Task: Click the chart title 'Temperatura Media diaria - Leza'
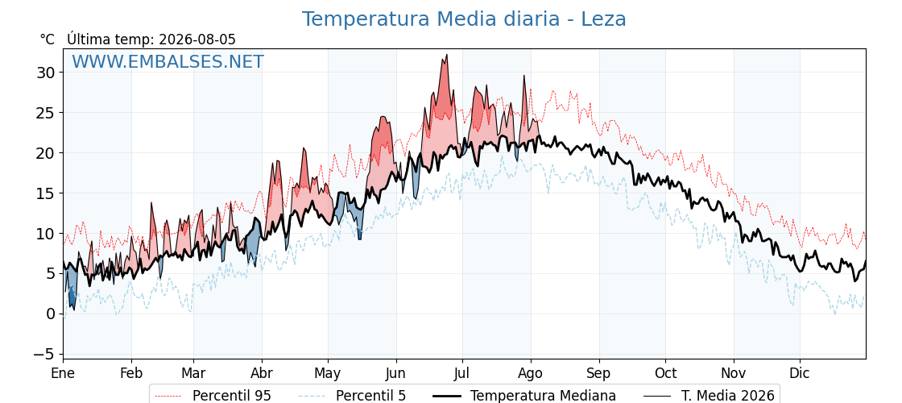464,19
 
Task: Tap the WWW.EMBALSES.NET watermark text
168,61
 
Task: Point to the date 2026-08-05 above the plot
197,39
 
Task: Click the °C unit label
48,39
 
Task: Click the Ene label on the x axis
63,373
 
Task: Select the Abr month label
262,373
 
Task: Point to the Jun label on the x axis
395,373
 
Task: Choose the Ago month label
531,373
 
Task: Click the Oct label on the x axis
665,373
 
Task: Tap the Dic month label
801,373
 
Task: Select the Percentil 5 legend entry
353,396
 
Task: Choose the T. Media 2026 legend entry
709,396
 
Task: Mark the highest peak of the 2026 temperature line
446,55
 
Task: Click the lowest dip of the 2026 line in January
73,310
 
